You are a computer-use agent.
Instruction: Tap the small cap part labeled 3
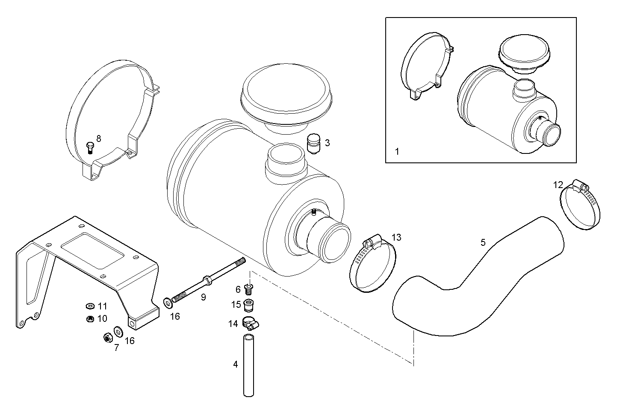point(314,144)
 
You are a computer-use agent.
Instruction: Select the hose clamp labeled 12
point(580,205)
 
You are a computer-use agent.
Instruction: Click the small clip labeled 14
point(250,324)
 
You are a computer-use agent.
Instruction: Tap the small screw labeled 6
point(248,289)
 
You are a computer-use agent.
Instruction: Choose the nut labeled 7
point(108,338)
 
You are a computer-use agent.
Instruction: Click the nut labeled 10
point(90,318)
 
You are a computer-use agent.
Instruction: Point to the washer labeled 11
point(90,306)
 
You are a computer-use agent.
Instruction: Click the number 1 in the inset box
point(397,151)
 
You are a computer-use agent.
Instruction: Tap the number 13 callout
point(396,237)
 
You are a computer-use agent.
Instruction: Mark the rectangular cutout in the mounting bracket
point(92,252)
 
